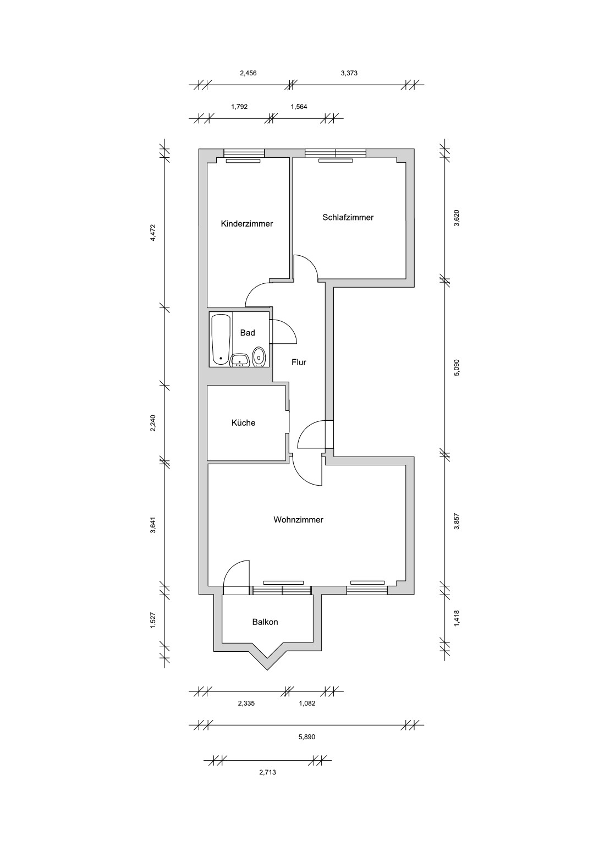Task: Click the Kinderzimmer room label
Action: tap(246, 223)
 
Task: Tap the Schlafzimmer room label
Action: tap(348, 217)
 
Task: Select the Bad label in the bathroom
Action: tap(248, 333)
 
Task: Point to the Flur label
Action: tap(299, 362)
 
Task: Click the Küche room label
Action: tap(243, 422)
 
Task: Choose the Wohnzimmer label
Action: tap(298, 520)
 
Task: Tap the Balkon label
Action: tap(265, 622)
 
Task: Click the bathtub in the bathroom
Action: tap(221, 339)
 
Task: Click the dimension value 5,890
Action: tap(307, 748)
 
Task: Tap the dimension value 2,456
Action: tap(248, 73)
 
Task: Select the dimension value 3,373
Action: tap(349, 73)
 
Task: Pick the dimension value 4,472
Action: tap(153, 233)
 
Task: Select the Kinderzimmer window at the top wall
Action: tap(244, 153)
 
